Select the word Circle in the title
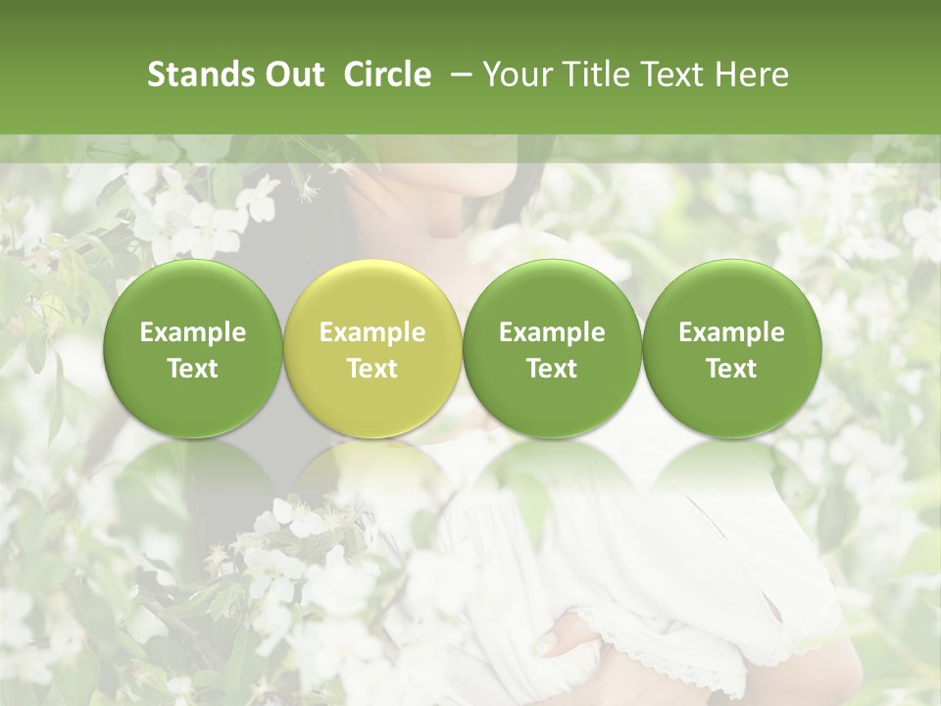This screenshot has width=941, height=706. [387, 75]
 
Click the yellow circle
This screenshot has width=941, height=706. [372, 348]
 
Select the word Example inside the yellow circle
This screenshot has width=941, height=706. [372, 332]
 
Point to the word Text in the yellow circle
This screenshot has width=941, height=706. [372, 369]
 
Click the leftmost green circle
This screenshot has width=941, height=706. [193, 348]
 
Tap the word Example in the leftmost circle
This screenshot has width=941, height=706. [193, 332]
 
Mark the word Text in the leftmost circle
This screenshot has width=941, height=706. [193, 369]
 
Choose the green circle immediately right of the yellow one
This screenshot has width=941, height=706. [552, 348]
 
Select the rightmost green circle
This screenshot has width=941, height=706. [731, 348]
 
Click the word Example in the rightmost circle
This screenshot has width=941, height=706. [731, 332]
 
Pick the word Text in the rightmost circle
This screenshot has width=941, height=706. [731, 369]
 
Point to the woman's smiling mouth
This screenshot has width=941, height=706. [496, 147]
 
